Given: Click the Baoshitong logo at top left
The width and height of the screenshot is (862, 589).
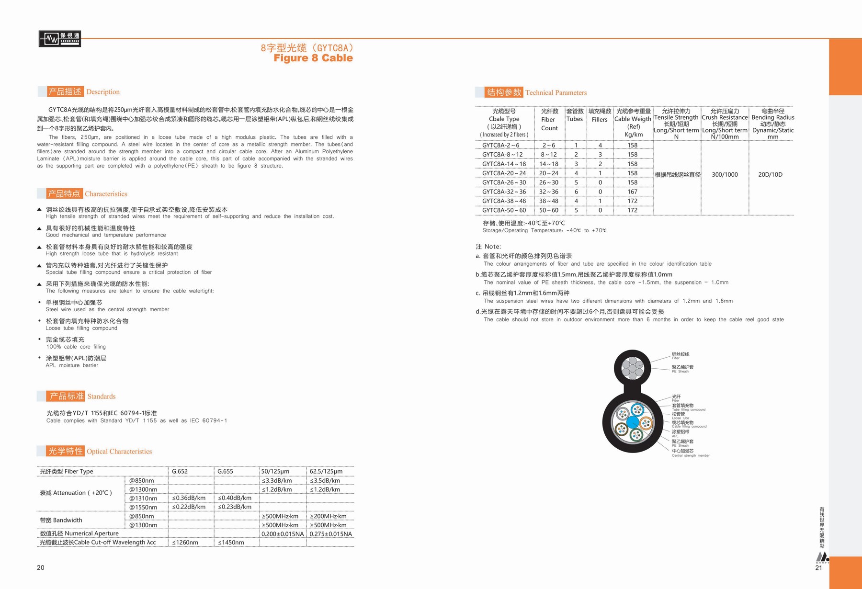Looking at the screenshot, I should point(59,39).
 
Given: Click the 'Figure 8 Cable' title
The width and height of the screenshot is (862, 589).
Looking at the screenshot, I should point(313,58).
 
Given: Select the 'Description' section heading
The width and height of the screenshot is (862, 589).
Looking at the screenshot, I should point(103,92).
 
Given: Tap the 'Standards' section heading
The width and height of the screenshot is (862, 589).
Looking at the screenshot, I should point(101,396).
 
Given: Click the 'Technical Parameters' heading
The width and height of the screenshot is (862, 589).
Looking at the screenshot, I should point(556,92).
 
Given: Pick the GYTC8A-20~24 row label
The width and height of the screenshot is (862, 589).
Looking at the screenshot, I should point(504,173).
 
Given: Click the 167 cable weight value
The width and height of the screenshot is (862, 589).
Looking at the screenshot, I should point(632,192).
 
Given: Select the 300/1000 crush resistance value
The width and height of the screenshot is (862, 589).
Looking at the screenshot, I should point(725,175).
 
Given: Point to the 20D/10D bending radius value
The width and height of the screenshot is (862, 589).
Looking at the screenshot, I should point(770,175).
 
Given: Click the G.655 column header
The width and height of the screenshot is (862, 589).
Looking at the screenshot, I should point(225,471).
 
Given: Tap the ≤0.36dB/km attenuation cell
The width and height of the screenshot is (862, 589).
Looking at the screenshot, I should point(189,498).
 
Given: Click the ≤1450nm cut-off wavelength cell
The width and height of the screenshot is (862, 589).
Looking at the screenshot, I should point(231,543).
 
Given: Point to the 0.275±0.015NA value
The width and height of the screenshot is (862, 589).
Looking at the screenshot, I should point(330,534).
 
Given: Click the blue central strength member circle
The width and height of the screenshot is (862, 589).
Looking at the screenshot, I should point(633,422).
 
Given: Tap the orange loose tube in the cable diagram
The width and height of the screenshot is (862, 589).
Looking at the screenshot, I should point(646,423).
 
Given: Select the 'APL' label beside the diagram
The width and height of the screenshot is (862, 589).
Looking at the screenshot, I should point(675,436).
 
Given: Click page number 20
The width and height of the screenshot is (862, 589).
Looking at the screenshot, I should point(41,567).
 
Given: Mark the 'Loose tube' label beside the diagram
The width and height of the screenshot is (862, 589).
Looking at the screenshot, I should point(680,418).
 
